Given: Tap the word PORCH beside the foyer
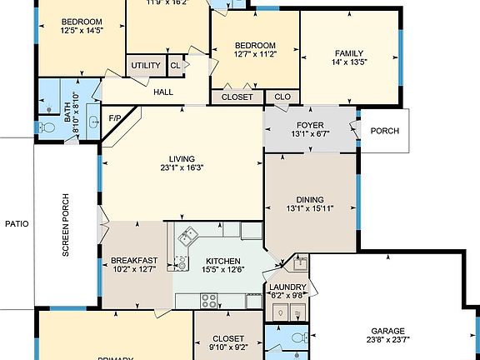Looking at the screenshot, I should click(x=384, y=131).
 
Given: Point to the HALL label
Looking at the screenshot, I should click(x=162, y=91).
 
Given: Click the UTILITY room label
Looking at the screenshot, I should click(x=145, y=64).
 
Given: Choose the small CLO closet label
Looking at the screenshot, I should click(x=282, y=97).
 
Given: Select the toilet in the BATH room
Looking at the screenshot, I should click(x=47, y=127).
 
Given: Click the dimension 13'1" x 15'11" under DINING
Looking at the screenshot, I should click(x=310, y=210).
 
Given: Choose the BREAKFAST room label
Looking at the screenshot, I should click(x=134, y=260).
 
